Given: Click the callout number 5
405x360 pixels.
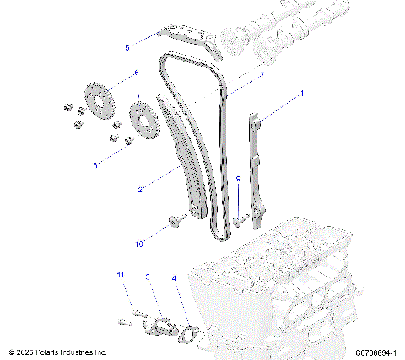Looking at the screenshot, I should (127, 47).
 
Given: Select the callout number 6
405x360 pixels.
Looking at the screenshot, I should (136, 73).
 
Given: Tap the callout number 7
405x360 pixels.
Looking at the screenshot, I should (262, 75).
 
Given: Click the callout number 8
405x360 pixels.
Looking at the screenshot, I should (95, 165).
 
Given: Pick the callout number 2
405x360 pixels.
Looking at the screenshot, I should (138, 190).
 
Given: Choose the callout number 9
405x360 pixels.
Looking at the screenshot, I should (238, 179).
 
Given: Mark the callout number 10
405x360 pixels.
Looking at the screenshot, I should (139, 244).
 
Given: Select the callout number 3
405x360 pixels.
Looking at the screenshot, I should (148, 276).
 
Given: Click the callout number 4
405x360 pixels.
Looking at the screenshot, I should (173, 277).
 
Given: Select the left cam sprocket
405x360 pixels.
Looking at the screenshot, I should (99, 100).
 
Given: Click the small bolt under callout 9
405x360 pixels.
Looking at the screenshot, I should (240, 218).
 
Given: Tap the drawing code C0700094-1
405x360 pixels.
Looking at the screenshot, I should (364, 352).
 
